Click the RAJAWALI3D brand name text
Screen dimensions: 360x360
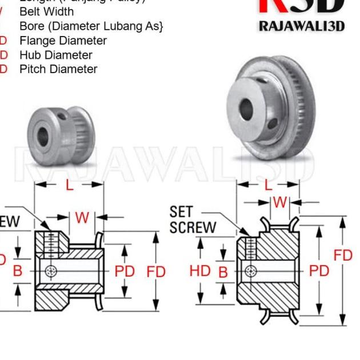pos(301,26)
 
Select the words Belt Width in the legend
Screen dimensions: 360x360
pos(46,11)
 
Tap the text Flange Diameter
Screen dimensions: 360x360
pos(63,41)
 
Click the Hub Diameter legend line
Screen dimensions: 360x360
pos(55,55)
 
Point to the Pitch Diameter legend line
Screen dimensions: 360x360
pos(58,69)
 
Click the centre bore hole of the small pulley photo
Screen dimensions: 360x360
pos(43,135)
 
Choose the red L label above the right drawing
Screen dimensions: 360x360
pos(269,185)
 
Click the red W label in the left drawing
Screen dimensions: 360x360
pos(82,218)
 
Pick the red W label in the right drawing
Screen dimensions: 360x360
pos(280,202)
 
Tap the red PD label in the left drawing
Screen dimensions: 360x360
pos(125,271)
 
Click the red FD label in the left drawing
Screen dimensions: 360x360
pos(155,271)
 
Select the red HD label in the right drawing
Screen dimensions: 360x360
pos(200,271)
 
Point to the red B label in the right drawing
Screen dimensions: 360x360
pos(223,271)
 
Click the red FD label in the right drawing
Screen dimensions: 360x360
pos(343,255)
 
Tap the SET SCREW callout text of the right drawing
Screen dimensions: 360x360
pos(193,220)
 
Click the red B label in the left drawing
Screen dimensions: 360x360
pos(18,271)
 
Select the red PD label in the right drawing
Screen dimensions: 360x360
pos(319,271)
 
